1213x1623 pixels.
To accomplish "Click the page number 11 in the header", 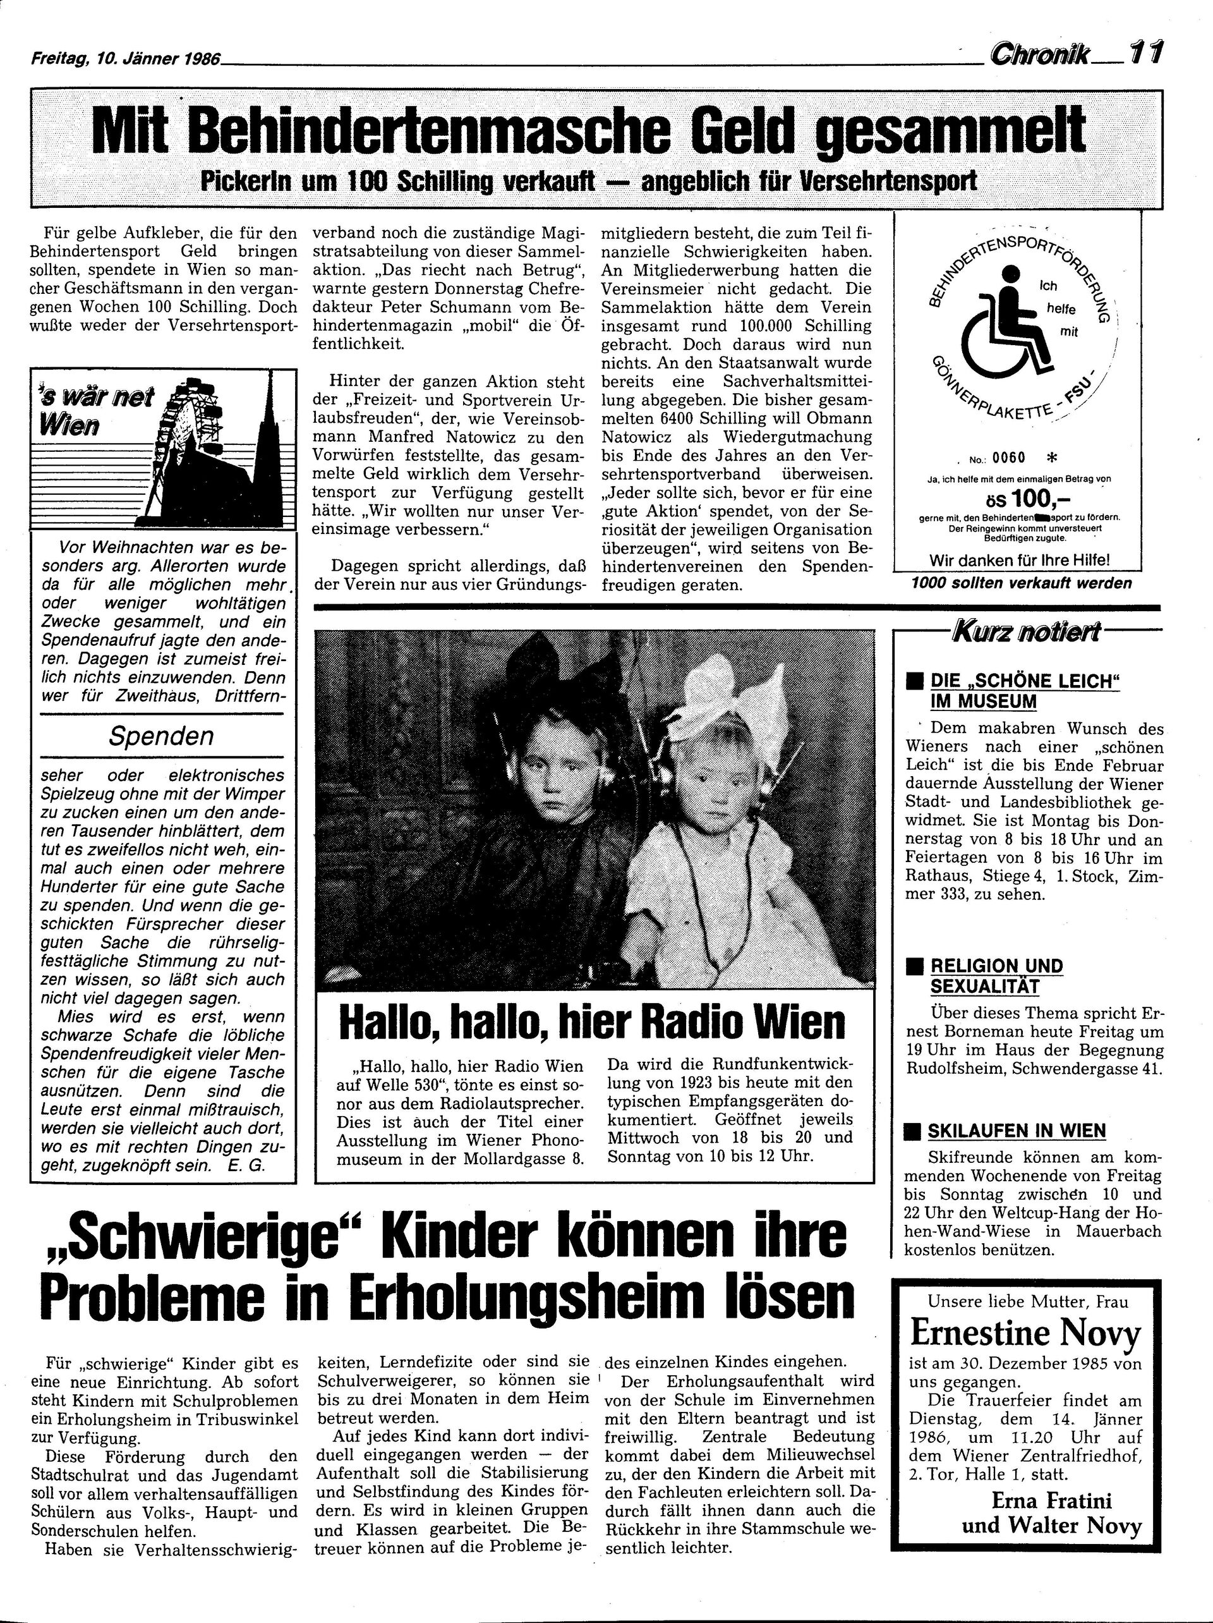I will [x=1145, y=53].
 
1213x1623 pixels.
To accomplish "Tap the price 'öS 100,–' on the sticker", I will [x=1017, y=501].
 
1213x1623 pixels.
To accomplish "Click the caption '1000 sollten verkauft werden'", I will [x=1021, y=583].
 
